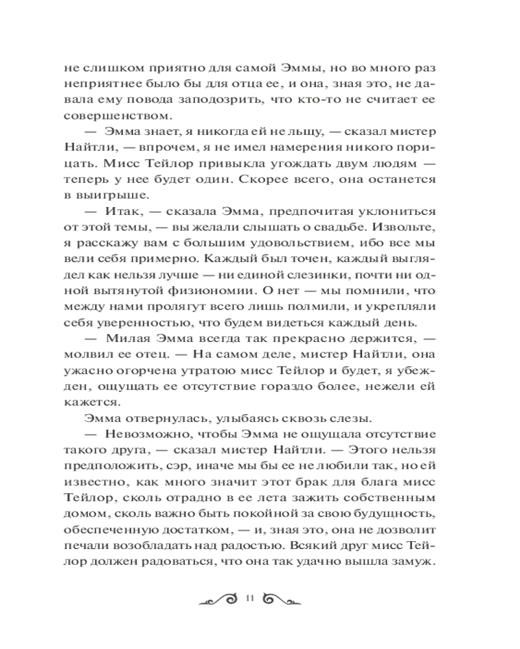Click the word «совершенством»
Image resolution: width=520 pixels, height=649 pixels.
click(107, 116)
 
